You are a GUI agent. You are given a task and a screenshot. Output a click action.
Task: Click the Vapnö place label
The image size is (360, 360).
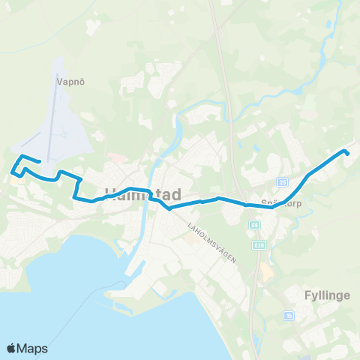click(67, 76)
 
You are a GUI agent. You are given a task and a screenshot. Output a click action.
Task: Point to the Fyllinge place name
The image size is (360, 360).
click(327, 295)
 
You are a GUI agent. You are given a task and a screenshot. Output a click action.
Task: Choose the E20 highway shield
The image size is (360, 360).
click(259, 244)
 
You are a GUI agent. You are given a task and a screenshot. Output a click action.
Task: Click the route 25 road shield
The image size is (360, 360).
click(282, 181)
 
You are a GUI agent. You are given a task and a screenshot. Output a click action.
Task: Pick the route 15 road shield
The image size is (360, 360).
click(289, 316)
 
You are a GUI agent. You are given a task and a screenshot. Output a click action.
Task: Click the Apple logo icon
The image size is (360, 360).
click(12, 348)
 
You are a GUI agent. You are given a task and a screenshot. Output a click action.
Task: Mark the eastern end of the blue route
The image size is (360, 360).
click(347, 153)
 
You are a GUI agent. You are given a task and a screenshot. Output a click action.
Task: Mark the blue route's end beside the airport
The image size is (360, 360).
click(38, 162)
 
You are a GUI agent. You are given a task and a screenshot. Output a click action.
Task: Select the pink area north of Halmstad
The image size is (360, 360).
click(117, 157)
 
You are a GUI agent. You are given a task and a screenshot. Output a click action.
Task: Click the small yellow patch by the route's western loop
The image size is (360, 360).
click(16, 180)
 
